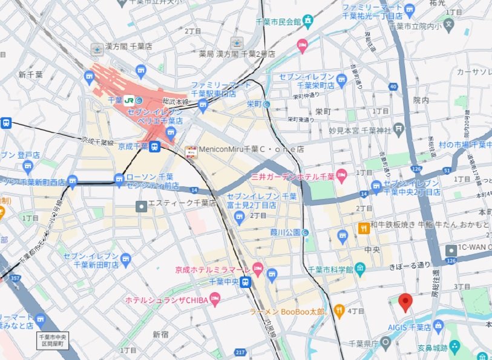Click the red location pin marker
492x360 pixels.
pyautogui.click(x=406, y=301)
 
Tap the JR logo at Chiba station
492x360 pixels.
pyautogui.click(x=129, y=100)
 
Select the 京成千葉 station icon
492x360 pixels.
pyautogui.click(x=155, y=146)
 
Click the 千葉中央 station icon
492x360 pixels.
pyautogui.click(x=245, y=281)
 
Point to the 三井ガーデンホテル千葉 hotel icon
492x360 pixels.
pyautogui.click(x=341, y=177)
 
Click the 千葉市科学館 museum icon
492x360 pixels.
pyautogui.click(x=360, y=268)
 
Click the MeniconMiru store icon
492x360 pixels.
pyautogui.click(x=191, y=149)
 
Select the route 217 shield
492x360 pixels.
pyautogui.click(x=240, y=352)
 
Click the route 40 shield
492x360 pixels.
pyautogui.click(x=394, y=87)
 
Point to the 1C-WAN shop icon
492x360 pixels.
pyautogui.click(x=451, y=250)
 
